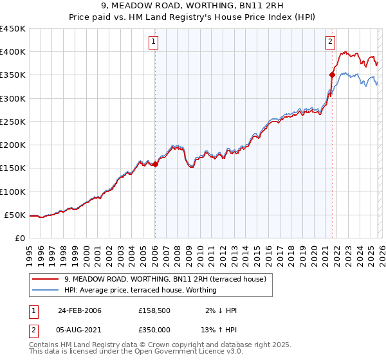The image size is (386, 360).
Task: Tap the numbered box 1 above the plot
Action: coord(154,42)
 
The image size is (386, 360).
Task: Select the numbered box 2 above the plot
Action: coord(330,42)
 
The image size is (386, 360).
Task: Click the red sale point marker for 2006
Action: coord(155,164)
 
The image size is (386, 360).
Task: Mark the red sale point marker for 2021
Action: coord(333,75)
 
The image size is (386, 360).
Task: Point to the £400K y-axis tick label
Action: coord(13,52)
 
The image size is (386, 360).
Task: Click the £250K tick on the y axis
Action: coord(13,122)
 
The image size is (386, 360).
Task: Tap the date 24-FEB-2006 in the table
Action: coord(80,310)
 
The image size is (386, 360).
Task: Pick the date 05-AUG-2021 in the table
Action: coord(80,330)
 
